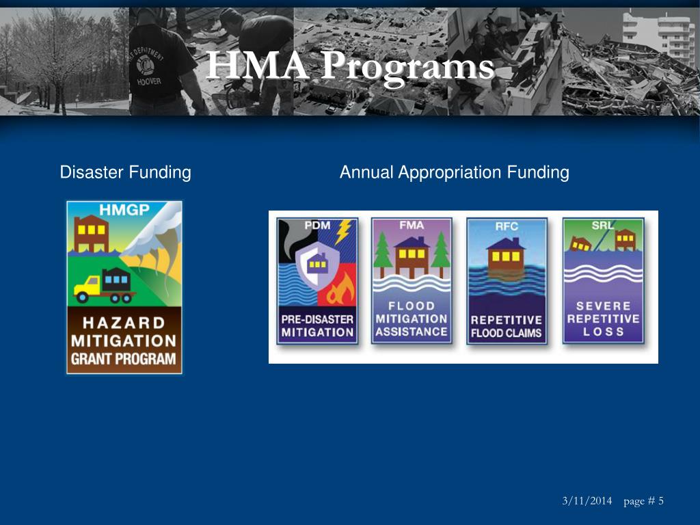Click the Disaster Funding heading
click(x=125, y=172)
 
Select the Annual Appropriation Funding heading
click(x=454, y=172)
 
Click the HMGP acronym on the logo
click(x=124, y=210)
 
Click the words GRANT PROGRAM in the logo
click(x=124, y=359)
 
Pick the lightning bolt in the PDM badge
click(x=343, y=230)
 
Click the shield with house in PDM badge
click(x=317, y=263)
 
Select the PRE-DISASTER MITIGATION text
click(x=317, y=326)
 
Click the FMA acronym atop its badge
click(x=412, y=225)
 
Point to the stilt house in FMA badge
click(x=412, y=256)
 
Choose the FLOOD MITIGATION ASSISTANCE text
click(x=412, y=319)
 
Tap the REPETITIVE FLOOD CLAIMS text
click(x=507, y=326)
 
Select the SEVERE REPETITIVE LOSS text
click(x=603, y=319)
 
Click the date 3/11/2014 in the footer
click(x=587, y=501)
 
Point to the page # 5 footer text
click(x=643, y=501)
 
